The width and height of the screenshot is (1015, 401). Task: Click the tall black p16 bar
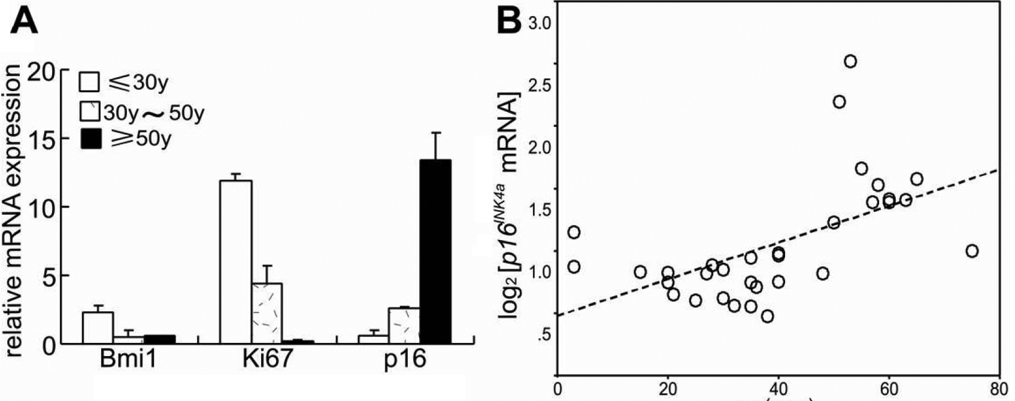tap(435, 251)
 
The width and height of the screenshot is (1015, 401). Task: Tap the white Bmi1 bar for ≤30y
tap(98, 327)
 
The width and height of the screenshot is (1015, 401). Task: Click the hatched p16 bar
tap(404, 326)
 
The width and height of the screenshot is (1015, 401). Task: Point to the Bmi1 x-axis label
tap(127, 360)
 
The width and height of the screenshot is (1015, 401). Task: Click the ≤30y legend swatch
tap(89, 83)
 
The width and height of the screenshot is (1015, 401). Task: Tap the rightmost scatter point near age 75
tap(972, 251)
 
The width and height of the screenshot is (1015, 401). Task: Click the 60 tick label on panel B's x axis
tap(889, 388)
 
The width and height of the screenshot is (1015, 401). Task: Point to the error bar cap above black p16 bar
tap(435, 133)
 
